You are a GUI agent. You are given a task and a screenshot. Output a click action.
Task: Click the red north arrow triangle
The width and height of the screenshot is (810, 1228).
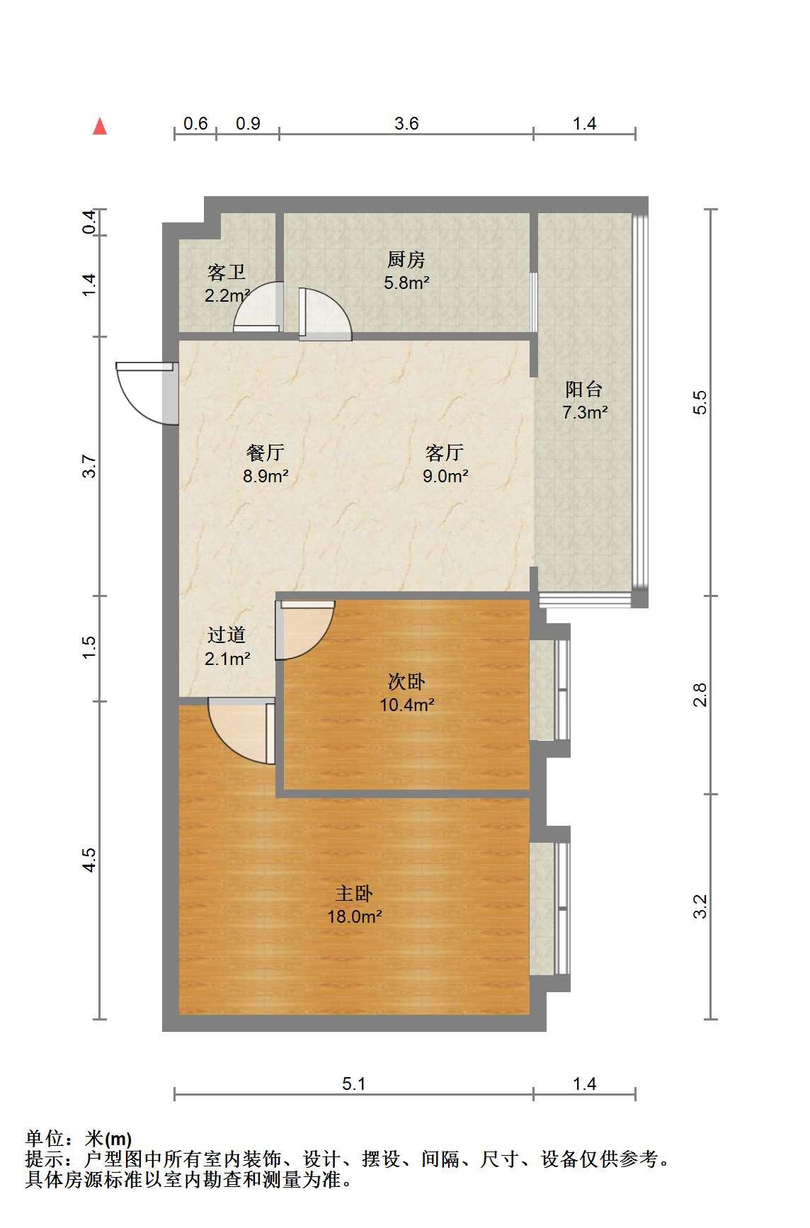(100, 127)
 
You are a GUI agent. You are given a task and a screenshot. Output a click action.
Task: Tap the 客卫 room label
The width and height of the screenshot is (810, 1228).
(227, 271)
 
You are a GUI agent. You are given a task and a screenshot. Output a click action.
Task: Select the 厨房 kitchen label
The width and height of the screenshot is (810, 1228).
(406, 260)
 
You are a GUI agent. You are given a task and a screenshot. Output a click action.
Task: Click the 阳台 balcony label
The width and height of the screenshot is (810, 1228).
(584, 389)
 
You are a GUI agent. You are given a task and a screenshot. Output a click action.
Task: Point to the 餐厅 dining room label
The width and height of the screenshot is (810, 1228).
(266, 453)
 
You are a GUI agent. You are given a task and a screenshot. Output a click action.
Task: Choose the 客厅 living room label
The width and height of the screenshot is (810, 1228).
(445, 453)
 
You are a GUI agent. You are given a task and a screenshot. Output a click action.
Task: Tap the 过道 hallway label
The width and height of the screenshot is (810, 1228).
(227, 635)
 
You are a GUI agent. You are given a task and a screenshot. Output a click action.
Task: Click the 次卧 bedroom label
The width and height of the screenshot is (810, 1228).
(406, 681)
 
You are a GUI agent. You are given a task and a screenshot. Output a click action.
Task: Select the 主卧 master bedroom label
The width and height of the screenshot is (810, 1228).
(354, 893)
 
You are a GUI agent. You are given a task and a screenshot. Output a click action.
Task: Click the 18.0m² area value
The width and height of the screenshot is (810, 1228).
(354, 917)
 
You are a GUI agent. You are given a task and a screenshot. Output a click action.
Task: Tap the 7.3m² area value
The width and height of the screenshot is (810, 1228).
(585, 412)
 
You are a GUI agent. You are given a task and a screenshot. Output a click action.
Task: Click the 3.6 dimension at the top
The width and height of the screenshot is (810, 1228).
(406, 124)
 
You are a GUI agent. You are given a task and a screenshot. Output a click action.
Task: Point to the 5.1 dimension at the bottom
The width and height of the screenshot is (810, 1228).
(353, 1084)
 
